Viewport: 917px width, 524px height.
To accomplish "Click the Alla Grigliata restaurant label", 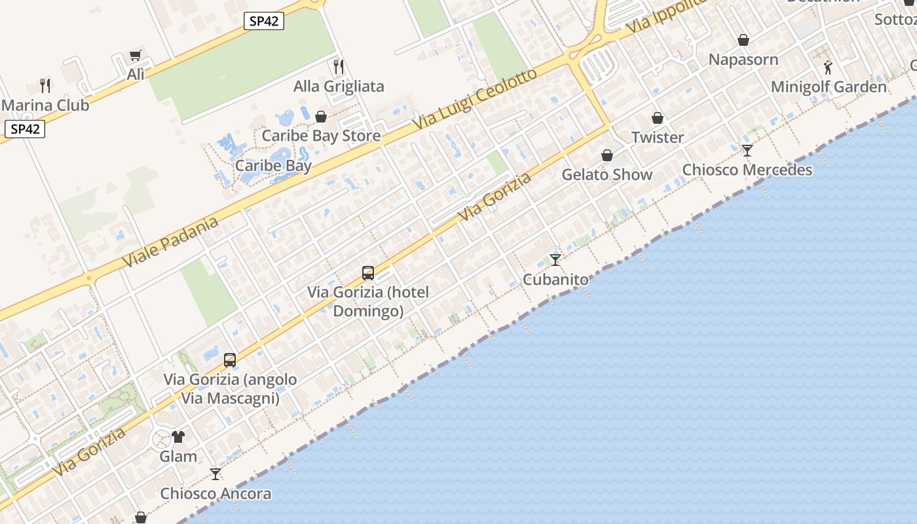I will (339, 86).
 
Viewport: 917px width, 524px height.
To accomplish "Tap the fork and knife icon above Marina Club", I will (45, 85).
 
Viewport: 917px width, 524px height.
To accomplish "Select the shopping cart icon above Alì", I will (136, 56).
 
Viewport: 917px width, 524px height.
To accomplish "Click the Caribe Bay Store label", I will (321, 136).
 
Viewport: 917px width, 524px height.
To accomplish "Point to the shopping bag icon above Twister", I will (658, 119).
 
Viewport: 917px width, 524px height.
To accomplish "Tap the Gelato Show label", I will (607, 175).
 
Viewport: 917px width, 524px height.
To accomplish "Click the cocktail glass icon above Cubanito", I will (555, 260).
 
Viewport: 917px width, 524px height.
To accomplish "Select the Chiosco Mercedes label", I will (747, 170).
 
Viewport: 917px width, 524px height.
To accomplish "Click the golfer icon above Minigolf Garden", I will (828, 67).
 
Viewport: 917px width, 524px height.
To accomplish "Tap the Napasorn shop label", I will (743, 60).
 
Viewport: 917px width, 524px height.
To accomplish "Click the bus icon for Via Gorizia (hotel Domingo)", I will (368, 273).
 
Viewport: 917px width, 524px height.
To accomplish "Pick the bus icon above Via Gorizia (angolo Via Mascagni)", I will (230, 360).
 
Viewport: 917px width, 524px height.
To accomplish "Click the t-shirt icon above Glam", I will (178, 437).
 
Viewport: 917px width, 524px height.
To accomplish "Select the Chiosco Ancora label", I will (215, 494).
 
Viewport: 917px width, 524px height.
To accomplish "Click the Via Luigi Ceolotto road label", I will (474, 98).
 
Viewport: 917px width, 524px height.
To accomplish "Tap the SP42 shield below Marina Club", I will (25, 129).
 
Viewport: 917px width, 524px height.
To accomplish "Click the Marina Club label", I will (45, 105).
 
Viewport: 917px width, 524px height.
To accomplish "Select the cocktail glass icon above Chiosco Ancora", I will (215, 474).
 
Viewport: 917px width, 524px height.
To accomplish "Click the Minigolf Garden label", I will (829, 86).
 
